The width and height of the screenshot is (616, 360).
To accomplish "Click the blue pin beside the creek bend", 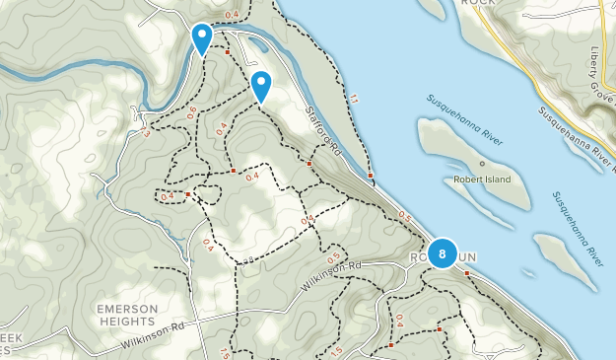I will tap(201, 38).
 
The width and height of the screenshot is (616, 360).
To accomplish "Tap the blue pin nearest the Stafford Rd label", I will tap(261, 86).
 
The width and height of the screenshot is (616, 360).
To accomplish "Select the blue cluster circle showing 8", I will tap(443, 254).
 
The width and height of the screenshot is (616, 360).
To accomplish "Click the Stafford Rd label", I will tap(322, 134).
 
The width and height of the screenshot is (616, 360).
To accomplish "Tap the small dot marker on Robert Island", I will tap(482, 163).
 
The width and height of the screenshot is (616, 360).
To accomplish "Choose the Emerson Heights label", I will tap(127, 315).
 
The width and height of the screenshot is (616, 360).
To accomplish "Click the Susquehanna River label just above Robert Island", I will tap(465, 120).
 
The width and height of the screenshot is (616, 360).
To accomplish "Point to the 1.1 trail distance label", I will tap(354, 98).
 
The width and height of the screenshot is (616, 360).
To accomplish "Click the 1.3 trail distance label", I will tap(144, 131).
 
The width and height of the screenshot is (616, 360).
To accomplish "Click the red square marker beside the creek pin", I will tap(228, 52).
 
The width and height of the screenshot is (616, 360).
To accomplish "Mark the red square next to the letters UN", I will tap(467, 272).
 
